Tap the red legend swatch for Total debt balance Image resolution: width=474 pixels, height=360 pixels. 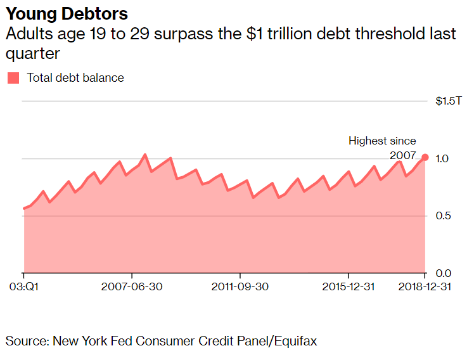pos(13,78)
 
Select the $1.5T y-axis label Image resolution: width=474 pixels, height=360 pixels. pos(449,101)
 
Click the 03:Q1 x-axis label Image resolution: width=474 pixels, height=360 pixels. pos(24,286)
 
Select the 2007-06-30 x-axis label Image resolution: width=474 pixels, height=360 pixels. pos(132,286)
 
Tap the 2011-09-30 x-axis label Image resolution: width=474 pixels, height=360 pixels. pos(240,286)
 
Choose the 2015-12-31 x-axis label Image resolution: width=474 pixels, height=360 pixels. pos(348,286)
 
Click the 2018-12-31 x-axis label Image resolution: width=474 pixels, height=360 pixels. pos(425,286)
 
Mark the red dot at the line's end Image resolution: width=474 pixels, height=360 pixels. pos(425,157)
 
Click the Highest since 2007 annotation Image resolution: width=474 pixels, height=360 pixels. pos(383,148)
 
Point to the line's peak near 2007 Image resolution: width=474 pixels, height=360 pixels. pos(145,155)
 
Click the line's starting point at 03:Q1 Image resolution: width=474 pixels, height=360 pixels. pos(24,208)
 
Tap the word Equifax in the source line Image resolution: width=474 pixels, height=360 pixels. pos(295,341)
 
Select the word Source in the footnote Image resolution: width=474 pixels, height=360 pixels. pos(26,341)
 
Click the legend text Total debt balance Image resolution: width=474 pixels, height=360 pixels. pos(75,78)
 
